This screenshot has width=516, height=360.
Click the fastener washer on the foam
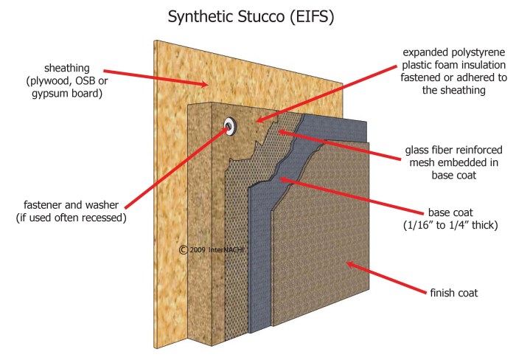point(230,126)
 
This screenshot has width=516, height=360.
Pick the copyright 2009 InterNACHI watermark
point(214,250)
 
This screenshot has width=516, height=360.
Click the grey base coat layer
point(261,221)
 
